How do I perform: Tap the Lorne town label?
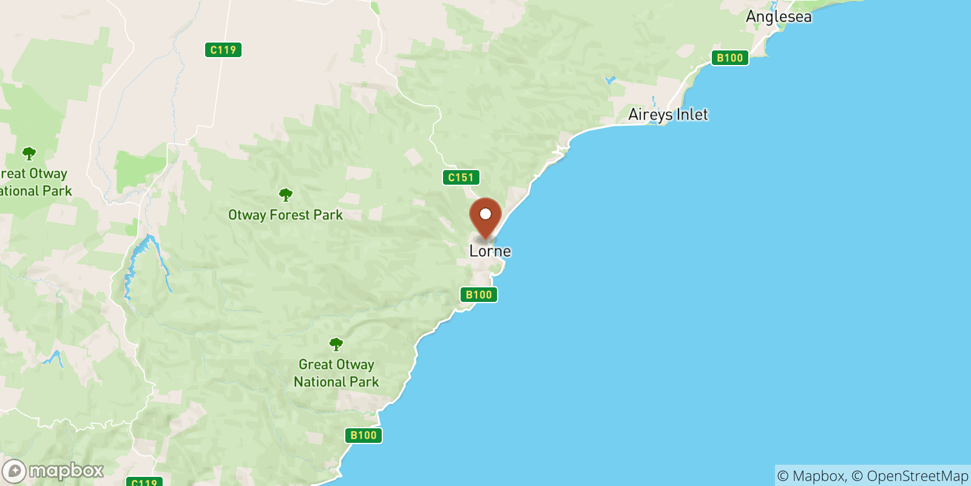(x=490, y=251)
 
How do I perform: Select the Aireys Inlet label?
(x=668, y=114)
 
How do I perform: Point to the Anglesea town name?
(x=778, y=16)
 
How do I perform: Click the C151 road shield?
(x=461, y=177)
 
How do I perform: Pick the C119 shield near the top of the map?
(x=223, y=50)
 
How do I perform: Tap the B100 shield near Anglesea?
(x=729, y=58)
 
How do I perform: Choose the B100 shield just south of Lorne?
(x=478, y=295)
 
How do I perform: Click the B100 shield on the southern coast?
(x=364, y=435)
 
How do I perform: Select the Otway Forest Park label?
(x=285, y=215)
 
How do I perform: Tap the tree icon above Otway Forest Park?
(x=285, y=195)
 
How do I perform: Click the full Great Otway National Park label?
(x=336, y=373)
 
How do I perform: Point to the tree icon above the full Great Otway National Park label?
(x=336, y=344)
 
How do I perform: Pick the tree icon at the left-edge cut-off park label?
(x=29, y=153)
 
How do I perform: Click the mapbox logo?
(x=53, y=471)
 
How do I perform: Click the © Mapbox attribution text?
(x=811, y=476)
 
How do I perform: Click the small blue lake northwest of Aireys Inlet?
(x=610, y=80)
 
